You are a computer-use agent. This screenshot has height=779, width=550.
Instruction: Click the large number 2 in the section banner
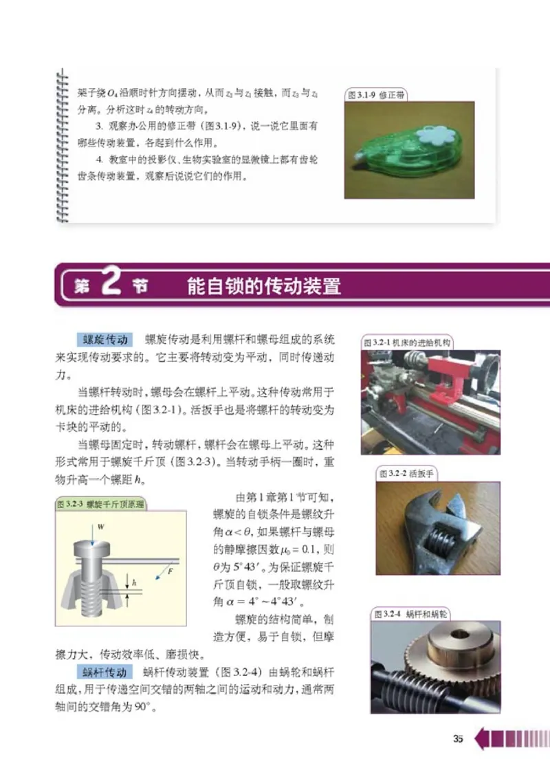click(111, 284)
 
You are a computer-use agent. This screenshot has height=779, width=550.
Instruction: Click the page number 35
click(459, 739)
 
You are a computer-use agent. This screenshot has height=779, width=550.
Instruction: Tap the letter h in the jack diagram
click(134, 582)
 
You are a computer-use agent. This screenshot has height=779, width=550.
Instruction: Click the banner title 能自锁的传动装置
click(264, 285)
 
